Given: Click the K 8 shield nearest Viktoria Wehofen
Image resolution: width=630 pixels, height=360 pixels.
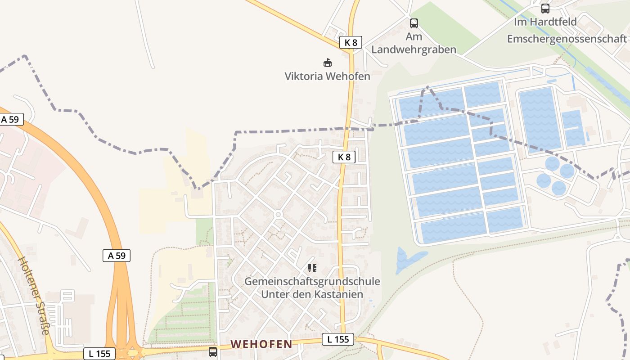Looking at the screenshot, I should pyautogui.click(x=351, y=43).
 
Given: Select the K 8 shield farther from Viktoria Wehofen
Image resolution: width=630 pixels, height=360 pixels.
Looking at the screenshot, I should pyautogui.click(x=344, y=157).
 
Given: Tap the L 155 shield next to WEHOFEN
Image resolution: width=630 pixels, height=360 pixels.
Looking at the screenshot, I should pyautogui.click(x=338, y=339).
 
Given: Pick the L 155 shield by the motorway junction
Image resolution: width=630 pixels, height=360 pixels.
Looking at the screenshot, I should pyautogui.click(x=99, y=353).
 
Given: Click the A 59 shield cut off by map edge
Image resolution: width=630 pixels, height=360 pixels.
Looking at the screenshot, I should pyautogui.click(x=10, y=120).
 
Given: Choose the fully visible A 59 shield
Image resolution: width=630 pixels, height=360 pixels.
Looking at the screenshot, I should pyautogui.click(x=117, y=256).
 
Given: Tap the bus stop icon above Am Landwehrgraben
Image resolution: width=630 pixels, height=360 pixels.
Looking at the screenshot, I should pyautogui.click(x=414, y=23).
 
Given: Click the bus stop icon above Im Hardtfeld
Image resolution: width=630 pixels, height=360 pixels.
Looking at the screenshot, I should pyautogui.click(x=545, y=8).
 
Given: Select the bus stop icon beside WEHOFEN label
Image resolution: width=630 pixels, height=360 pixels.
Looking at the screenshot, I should pyautogui.click(x=213, y=351).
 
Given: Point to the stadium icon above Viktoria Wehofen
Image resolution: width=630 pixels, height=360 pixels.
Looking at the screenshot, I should pyautogui.click(x=328, y=63).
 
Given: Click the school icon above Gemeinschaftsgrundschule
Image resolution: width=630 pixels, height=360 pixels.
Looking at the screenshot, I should pyautogui.click(x=312, y=268).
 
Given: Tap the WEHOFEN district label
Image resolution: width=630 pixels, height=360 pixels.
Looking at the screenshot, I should pyautogui.click(x=261, y=344).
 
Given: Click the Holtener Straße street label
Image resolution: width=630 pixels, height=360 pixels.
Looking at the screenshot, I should pyautogui.click(x=33, y=296).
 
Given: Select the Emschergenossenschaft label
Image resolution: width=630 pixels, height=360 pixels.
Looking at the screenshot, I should pyautogui.click(x=567, y=39).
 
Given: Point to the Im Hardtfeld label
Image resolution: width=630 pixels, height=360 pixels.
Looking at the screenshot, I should pyautogui.click(x=545, y=22).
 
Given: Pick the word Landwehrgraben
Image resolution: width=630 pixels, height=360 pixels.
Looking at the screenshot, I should pyautogui.click(x=414, y=49).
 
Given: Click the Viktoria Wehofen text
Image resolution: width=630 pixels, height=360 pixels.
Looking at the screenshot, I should pyautogui.click(x=327, y=76).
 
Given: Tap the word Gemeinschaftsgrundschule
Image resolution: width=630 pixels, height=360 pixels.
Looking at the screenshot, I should pyautogui.click(x=312, y=282).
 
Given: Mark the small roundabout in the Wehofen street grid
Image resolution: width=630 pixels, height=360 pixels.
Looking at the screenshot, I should pyautogui.click(x=278, y=215).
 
